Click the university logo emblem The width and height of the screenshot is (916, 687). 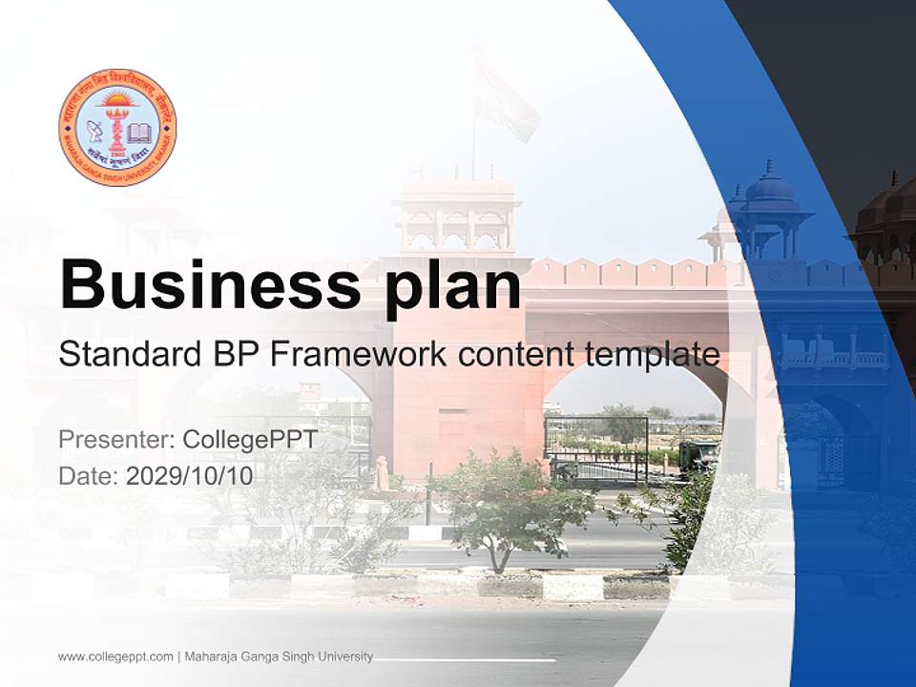(x=117, y=128)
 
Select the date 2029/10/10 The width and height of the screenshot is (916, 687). (x=190, y=475)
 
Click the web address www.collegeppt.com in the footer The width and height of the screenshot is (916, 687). (x=115, y=656)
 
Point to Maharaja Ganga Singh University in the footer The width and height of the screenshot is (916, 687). (x=279, y=656)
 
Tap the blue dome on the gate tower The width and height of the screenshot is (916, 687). (x=768, y=185)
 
